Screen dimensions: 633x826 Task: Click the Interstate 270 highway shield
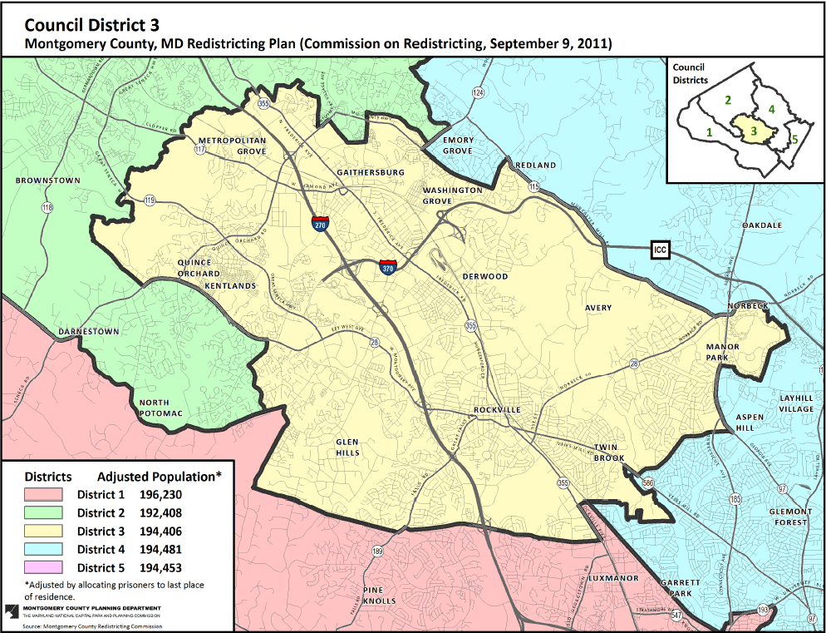[320, 223]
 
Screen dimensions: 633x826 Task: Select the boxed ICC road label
[660, 250]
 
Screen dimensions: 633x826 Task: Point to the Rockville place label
[497, 410]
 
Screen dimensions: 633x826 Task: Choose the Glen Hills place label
[347, 448]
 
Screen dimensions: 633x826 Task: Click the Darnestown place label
[89, 332]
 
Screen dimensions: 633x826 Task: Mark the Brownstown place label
[47, 181]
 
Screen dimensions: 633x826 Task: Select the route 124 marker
[478, 91]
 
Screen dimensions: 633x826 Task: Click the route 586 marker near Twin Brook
[648, 482]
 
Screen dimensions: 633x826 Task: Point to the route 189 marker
[378, 551]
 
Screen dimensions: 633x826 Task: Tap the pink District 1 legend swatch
[47, 495]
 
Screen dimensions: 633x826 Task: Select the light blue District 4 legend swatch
[47, 550]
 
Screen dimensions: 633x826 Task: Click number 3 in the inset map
[753, 131]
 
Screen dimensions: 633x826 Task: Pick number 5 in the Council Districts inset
[794, 139]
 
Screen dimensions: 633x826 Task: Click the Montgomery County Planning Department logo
[10, 613]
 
